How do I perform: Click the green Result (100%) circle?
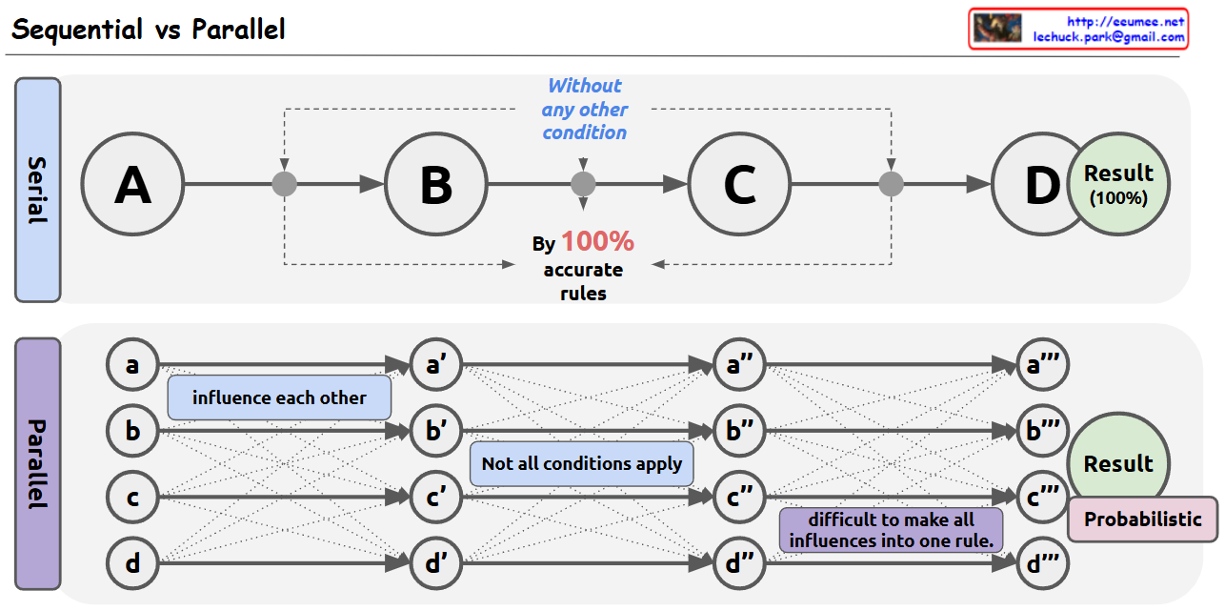[x=1118, y=184]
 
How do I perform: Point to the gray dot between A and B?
[x=285, y=184]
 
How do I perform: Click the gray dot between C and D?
[x=891, y=184]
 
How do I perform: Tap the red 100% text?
[x=597, y=241]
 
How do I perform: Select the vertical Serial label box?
[x=38, y=190]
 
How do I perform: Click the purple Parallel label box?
[x=38, y=464]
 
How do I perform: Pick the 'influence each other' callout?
[x=279, y=397]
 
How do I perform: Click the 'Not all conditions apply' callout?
[x=582, y=464]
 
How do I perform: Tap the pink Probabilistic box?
[x=1143, y=519]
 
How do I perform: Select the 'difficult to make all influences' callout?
[x=891, y=530]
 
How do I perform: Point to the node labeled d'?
[x=436, y=563]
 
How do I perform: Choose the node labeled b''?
[x=739, y=431]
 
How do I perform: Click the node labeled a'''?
[x=1043, y=364]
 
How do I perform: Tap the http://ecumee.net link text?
[x=1126, y=22]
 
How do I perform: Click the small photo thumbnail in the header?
[x=997, y=28]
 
